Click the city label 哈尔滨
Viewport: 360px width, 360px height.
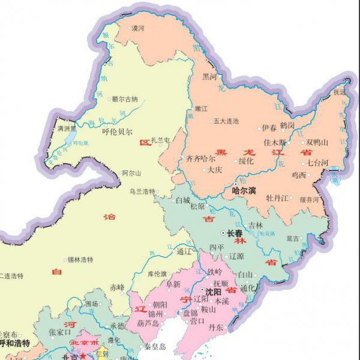244,191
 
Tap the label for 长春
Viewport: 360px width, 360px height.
235,233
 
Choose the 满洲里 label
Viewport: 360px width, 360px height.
66,128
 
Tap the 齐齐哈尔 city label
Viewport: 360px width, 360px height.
201,159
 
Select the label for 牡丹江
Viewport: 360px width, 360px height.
278,197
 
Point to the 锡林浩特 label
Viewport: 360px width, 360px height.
80,260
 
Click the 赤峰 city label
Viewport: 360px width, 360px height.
118,287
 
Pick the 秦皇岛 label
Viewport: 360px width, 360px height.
155,347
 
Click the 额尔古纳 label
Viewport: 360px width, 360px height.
125,99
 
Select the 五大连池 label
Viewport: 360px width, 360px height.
226,121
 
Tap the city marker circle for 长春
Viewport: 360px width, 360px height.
223,233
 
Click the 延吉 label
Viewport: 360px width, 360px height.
292,238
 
